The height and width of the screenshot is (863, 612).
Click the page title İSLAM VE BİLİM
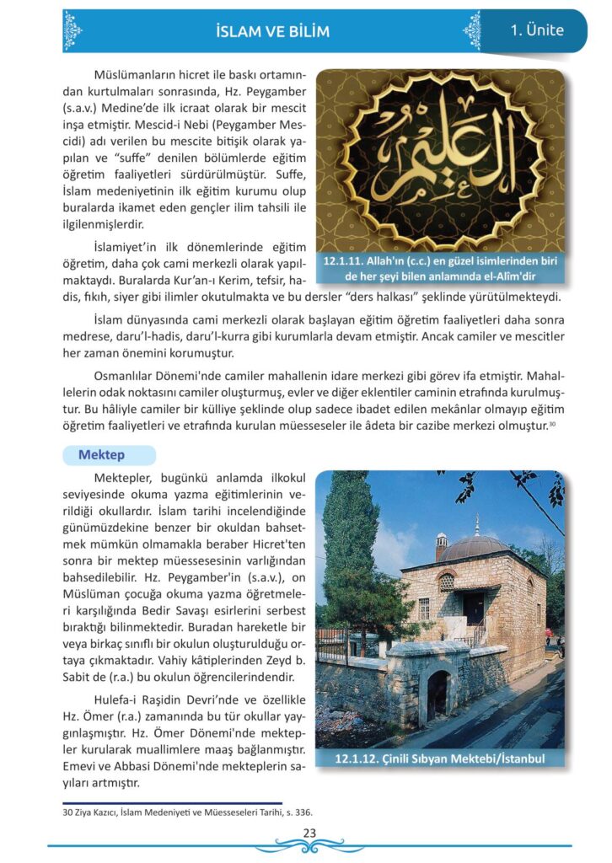[x=272, y=32]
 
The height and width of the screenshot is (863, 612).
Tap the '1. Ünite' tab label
[x=537, y=30]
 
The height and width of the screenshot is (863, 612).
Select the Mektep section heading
[x=101, y=455]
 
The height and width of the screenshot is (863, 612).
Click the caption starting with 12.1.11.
[x=440, y=269]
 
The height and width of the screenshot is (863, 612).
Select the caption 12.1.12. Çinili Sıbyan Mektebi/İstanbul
[x=439, y=758]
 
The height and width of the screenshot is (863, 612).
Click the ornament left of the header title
[x=73, y=31]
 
